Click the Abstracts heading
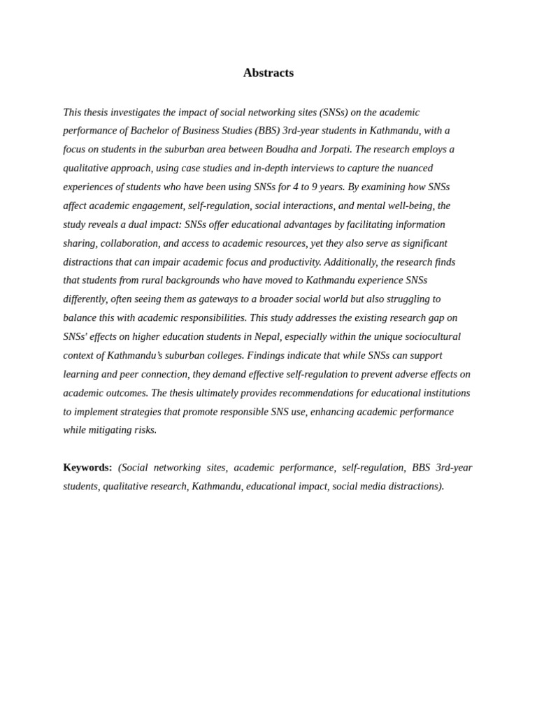click(268, 73)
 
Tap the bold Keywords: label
click(87, 467)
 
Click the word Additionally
click(351, 262)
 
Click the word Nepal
click(267, 336)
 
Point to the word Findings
click(267, 355)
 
